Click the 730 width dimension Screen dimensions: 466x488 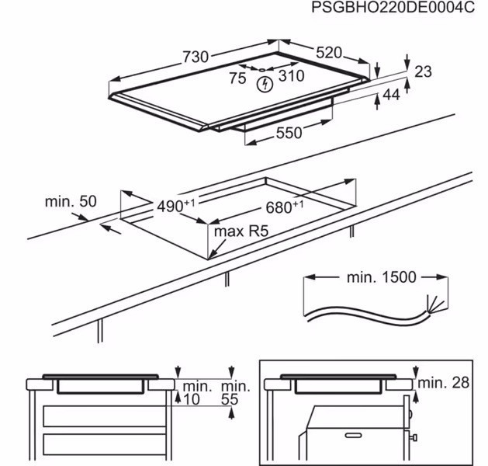(x=196, y=57)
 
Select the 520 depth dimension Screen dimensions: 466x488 (x=328, y=52)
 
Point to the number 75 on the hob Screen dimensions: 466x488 (x=237, y=78)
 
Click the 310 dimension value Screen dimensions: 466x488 (x=292, y=76)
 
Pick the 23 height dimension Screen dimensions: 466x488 (x=423, y=71)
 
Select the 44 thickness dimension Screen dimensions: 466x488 (x=390, y=94)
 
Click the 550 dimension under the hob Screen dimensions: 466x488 (x=289, y=133)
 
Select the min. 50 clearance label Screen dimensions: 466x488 (x=71, y=201)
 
